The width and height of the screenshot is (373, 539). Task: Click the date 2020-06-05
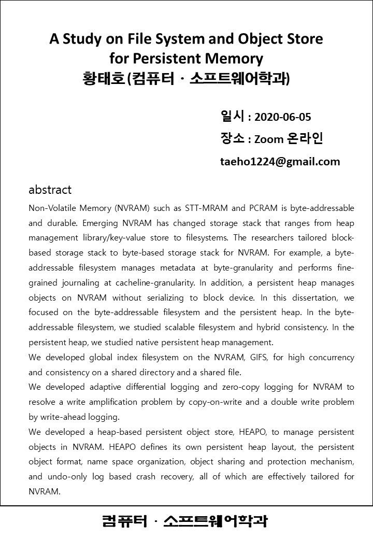coord(283,117)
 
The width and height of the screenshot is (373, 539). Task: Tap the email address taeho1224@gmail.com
coord(280,161)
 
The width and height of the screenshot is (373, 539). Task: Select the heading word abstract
coord(50,190)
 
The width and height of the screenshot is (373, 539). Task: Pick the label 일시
coord(233,116)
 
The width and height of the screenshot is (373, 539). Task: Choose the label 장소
coord(233,138)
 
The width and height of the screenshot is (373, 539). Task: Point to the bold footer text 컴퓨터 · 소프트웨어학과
coord(185,521)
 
